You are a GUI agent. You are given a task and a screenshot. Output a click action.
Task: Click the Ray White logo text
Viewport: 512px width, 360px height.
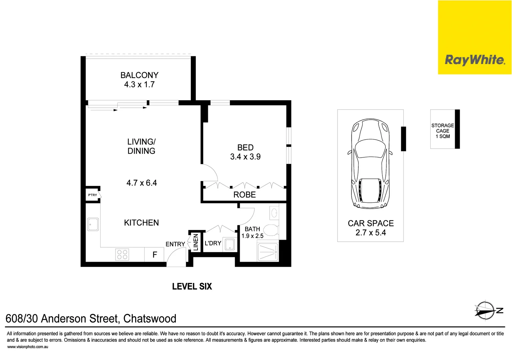pyautogui.click(x=475, y=60)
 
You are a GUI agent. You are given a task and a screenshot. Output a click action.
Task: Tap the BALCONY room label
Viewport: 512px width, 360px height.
pyautogui.click(x=139, y=75)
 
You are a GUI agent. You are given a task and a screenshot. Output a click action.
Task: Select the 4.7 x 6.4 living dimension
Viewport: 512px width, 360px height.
pyautogui.click(x=142, y=183)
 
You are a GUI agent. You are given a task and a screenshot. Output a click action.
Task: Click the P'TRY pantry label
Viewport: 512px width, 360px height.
pyautogui.click(x=93, y=195)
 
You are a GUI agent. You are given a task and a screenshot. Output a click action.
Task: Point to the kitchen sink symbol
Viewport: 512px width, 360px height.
pyautogui.click(x=93, y=224)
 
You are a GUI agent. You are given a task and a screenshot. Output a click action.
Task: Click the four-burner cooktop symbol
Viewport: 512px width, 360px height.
pyautogui.click(x=122, y=255)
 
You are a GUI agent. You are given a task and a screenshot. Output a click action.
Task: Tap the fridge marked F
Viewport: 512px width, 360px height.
pyautogui.click(x=155, y=255)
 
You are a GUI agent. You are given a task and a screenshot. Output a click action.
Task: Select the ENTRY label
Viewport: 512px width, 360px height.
pyautogui.click(x=175, y=244)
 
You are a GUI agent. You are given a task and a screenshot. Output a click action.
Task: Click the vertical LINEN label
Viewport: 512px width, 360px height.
pyautogui.click(x=196, y=242)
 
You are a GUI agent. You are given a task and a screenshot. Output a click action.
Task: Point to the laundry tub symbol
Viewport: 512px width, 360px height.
pyautogui.click(x=230, y=244)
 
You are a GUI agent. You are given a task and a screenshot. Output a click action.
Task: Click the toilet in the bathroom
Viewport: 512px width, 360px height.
pyautogui.click(x=270, y=230)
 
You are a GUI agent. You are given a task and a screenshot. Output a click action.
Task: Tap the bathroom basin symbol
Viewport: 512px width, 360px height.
pyautogui.click(x=274, y=213)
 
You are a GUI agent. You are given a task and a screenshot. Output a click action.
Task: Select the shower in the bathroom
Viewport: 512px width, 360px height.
pyautogui.click(x=267, y=252)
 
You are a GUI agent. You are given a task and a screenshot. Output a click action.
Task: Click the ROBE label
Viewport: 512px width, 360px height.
pyautogui.click(x=245, y=195)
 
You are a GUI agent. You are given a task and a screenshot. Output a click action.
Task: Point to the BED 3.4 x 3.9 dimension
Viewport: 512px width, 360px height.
pyautogui.click(x=246, y=157)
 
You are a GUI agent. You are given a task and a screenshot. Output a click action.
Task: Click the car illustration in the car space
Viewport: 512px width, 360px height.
pyautogui.click(x=370, y=163)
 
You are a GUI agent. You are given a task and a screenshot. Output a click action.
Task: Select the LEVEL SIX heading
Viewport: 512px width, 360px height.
pyautogui.click(x=192, y=287)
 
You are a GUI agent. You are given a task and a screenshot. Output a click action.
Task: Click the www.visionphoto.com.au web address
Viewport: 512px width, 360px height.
pyautogui.click(x=28, y=347)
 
